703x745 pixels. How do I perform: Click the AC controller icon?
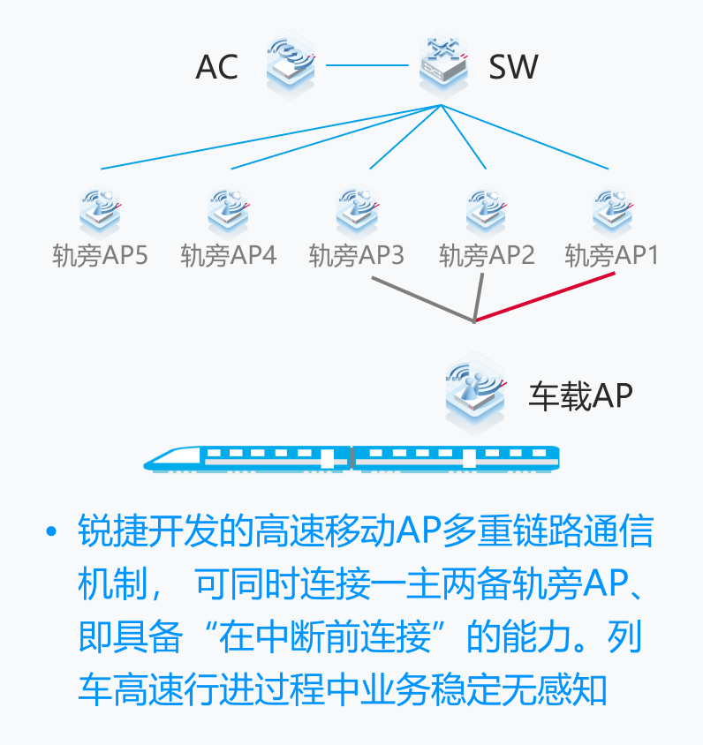click(291, 63)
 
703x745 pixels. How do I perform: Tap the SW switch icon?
click(442, 63)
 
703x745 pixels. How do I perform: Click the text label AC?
click(217, 67)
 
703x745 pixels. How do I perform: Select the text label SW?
click(513, 66)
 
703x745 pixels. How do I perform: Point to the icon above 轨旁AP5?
click(100, 210)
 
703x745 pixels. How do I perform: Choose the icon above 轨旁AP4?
click(228, 210)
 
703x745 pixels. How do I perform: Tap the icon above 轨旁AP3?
click(358, 210)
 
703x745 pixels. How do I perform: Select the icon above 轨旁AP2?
click(487, 210)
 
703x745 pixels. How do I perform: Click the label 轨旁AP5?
click(100, 256)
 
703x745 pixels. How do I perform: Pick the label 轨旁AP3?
click(357, 256)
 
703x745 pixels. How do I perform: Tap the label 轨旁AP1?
click(612, 256)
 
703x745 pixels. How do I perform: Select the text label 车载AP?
click(580, 395)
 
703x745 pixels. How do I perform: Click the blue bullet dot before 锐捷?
click(51, 533)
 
